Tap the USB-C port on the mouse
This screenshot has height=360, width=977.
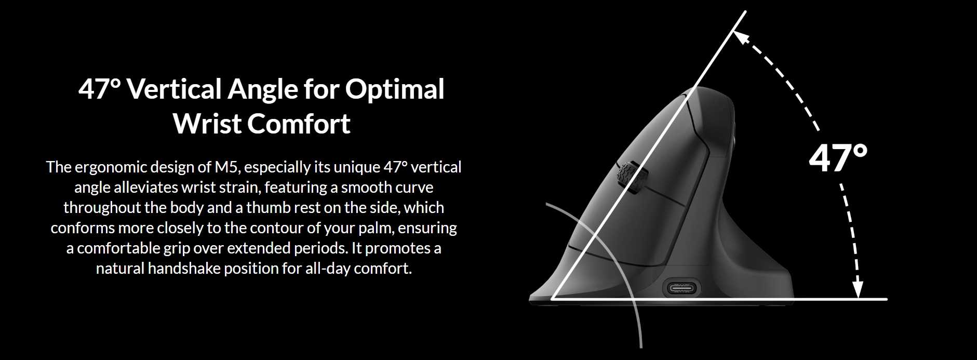[681, 287]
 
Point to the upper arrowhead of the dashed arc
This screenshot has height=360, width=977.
[741, 37]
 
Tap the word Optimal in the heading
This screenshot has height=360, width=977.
[395, 89]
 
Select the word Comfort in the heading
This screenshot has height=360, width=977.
[299, 124]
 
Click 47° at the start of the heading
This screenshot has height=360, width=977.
[99, 89]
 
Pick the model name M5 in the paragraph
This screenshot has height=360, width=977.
[227, 167]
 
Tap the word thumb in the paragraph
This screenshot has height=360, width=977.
[266, 208]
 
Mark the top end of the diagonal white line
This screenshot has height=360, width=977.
[746, 11]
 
